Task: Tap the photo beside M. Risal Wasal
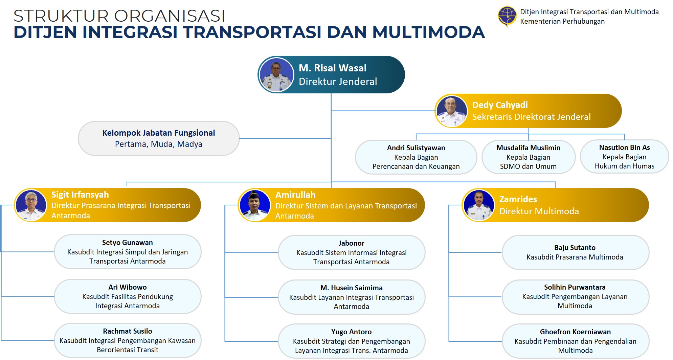[277, 75]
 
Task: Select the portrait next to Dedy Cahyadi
[451, 111]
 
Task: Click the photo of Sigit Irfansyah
[31, 205]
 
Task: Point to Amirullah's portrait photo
[255, 205]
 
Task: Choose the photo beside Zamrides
[479, 205]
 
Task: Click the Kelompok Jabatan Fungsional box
[159, 138]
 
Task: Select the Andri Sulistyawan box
[416, 157]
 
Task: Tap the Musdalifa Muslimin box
[529, 157]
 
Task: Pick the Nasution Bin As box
[625, 157]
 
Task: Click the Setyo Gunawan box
[128, 252]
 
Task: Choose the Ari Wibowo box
[128, 296]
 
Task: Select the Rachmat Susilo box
[128, 340]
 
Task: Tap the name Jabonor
[351, 243]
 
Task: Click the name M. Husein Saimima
[352, 288]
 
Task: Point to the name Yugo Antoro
[352, 332]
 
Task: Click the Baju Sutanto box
[576, 252]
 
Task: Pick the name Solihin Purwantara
[575, 287]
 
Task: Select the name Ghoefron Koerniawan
[576, 332]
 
